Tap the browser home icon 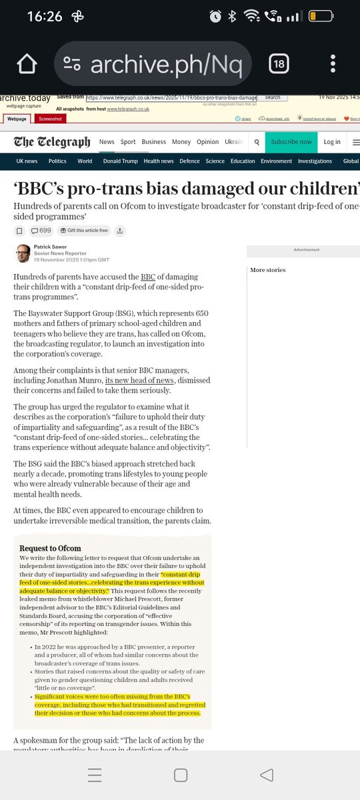[27, 64]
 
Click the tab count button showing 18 [278, 64]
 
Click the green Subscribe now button [291, 142]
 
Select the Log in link [332, 142]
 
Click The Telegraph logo [53, 142]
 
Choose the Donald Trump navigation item [120, 161]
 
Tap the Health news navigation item [159, 161]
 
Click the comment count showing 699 [41, 231]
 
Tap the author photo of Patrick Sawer [23, 253]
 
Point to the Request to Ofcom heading [50, 548]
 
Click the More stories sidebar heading [267, 270]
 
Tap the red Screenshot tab [50, 119]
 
